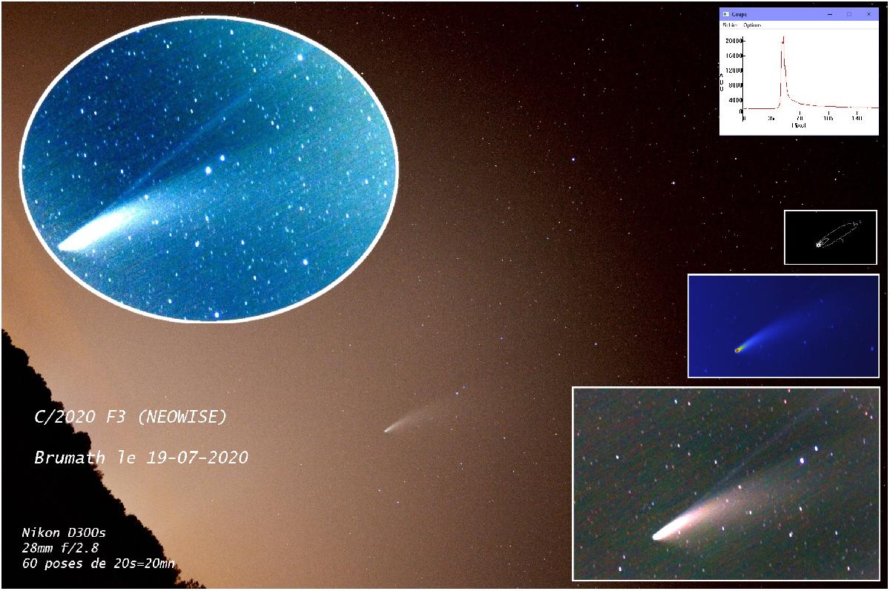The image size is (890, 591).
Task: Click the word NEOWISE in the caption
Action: (x=182, y=417)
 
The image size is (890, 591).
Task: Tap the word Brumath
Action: (x=70, y=458)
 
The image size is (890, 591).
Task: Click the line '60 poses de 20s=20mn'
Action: (x=98, y=564)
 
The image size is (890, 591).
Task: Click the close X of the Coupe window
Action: (x=868, y=14)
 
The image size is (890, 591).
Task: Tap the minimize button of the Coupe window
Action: (x=830, y=14)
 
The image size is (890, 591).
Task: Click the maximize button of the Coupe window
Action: (x=849, y=14)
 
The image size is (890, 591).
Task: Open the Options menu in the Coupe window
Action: (x=752, y=25)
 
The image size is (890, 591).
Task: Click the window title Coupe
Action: (x=739, y=14)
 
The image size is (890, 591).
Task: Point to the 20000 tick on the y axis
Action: (x=734, y=41)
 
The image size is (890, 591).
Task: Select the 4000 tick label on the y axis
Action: (x=735, y=100)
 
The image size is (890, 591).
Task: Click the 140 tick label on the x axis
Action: (x=857, y=118)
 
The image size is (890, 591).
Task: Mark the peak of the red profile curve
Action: (x=783, y=37)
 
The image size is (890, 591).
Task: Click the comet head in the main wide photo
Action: (x=387, y=429)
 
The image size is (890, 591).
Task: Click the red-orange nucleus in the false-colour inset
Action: (x=738, y=350)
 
